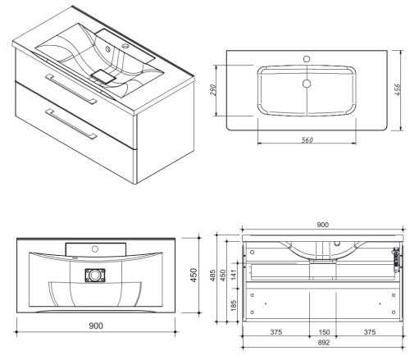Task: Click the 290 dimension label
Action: click(x=213, y=90)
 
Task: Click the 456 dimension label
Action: click(x=398, y=89)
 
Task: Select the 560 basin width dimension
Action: click(x=307, y=139)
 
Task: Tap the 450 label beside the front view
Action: click(x=194, y=275)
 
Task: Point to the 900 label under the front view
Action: click(x=96, y=326)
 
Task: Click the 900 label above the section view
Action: click(x=322, y=225)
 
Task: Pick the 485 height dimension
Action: click(x=213, y=276)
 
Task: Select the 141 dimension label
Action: click(x=234, y=274)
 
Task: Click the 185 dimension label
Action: click(x=234, y=305)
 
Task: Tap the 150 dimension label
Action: click(x=324, y=332)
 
